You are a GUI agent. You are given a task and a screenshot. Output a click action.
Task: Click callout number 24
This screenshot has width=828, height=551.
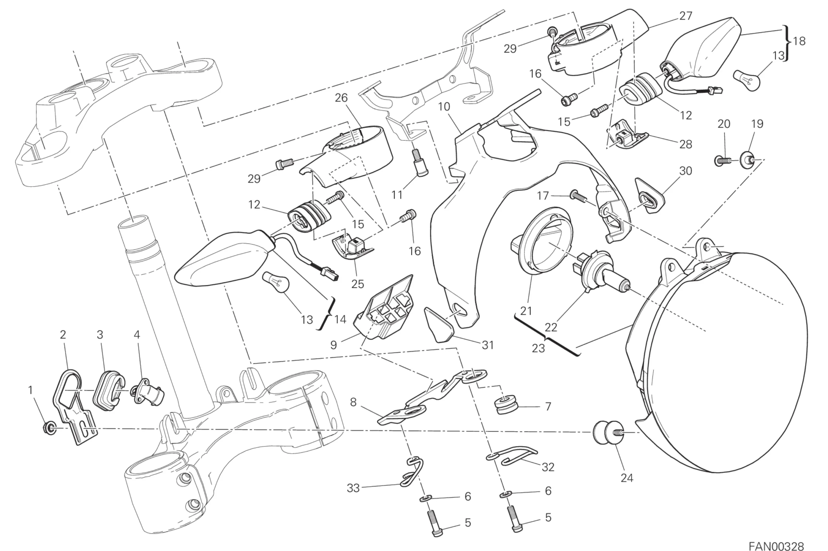[626, 478]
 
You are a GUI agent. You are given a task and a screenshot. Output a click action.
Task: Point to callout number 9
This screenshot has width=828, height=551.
[333, 345]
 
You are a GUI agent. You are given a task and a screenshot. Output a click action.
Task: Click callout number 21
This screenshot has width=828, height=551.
[526, 311]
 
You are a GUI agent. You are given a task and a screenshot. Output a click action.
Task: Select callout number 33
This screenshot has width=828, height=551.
[353, 488]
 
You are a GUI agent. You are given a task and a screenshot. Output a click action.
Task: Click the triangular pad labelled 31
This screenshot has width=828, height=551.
[438, 323]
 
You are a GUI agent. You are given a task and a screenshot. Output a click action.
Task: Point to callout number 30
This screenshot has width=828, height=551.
[685, 171]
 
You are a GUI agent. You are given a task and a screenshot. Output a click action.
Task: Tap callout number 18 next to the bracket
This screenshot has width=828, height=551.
[799, 41]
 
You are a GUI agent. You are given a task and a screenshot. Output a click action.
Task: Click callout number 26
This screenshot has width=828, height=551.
[341, 98]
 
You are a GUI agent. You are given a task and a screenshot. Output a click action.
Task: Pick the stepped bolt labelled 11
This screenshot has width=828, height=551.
[420, 162]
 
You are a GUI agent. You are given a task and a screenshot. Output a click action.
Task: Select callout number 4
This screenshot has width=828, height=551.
[137, 334]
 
